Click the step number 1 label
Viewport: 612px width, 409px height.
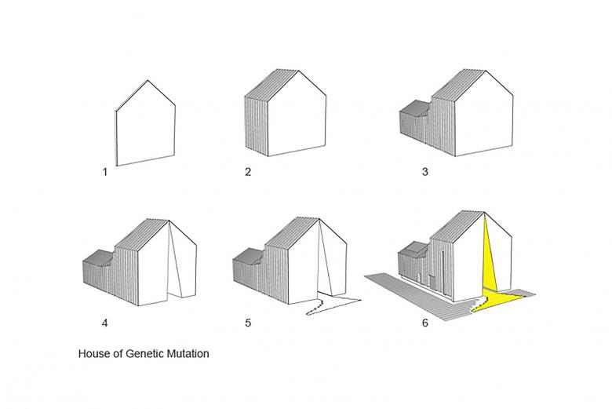104,172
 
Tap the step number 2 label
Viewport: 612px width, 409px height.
248,172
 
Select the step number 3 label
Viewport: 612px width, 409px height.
425,172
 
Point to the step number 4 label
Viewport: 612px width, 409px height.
104,323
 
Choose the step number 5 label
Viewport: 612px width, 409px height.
248,323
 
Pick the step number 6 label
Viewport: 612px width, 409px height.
425,323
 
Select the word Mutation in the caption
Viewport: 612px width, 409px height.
188,353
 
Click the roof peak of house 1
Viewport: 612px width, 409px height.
148,81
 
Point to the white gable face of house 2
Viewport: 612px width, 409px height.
297,117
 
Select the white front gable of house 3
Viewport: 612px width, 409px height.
484,117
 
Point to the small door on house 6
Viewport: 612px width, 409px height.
432,283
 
